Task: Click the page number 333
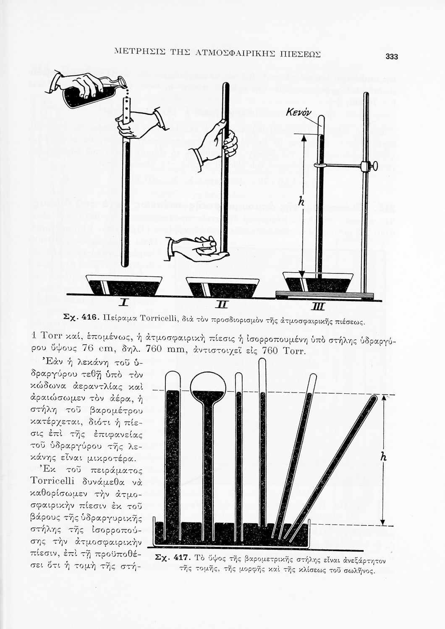391,57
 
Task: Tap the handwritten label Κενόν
298,112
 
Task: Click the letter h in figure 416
301,202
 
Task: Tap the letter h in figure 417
382,457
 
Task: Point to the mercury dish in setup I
125,286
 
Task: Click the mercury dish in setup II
222,287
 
